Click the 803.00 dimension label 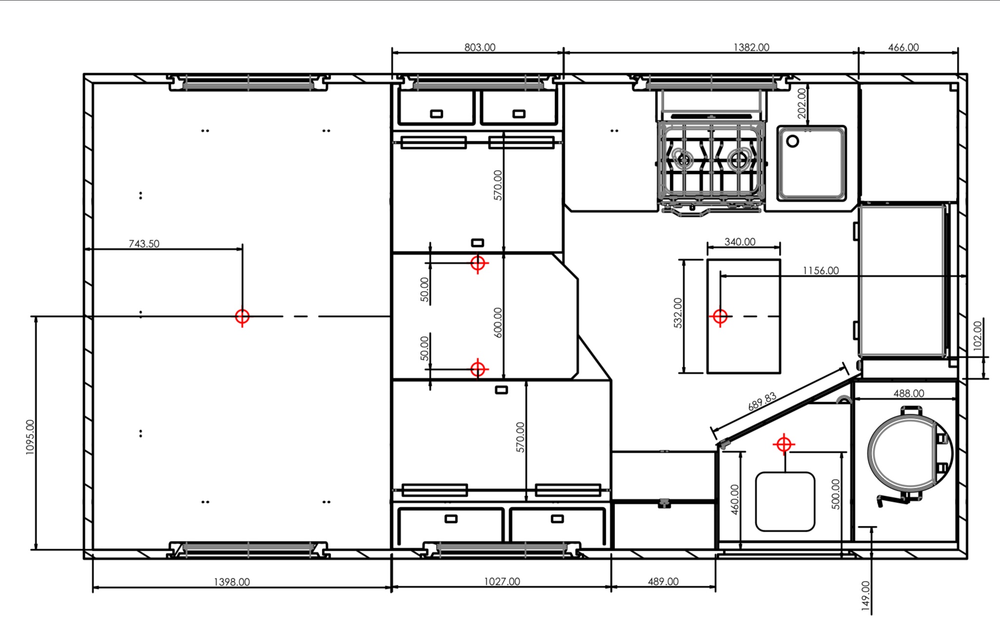pos(480,47)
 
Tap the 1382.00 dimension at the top pos(751,47)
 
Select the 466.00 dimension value pos(903,47)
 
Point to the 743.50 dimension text pos(144,244)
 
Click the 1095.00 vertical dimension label pos(30,437)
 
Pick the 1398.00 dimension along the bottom pos(232,582)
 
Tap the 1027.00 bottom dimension pos(502,581)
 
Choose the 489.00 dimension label pos(663,581)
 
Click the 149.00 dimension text pos(866,596)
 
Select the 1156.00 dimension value pos(821,271)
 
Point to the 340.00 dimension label pos(740,242)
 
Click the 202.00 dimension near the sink pos(801,103)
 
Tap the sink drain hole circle pos(793,141)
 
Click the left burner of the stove pos(683,159)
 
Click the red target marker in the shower pos(784,445)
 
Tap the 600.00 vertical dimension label pos(498,323)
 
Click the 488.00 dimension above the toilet pos(909,393)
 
